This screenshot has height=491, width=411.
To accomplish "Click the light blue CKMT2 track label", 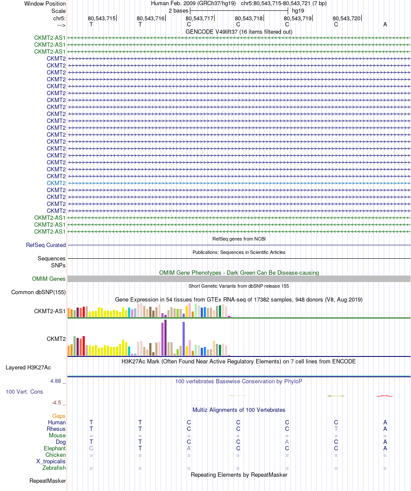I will click(x=56, y=183).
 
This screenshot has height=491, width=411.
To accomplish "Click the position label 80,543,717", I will click(x=199, y=19).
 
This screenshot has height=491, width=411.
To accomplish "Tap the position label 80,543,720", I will click(x=347, y=19).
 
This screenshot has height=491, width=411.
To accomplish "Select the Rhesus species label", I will click(x=56, y=429).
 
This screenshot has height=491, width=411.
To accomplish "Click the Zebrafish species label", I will click(x=54, y=468).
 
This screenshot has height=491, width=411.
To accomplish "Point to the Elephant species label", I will click(x=55, y=448).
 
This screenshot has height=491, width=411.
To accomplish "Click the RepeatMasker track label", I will click(x=48, y=481).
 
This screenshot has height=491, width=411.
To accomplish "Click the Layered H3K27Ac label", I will click(x=28, y=368).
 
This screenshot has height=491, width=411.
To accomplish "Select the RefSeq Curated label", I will click(x=46, y=245).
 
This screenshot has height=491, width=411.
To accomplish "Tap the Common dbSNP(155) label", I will click(x=39, y=292).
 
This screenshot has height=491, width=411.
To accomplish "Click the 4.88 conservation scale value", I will click(x=56, y=381).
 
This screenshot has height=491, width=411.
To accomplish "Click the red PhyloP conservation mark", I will click(x=385, y=396).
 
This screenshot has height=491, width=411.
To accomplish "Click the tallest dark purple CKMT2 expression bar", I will click(x=165, y=337).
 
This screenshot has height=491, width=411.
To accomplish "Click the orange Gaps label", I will click(x=59, y=416).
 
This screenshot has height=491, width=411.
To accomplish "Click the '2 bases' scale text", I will click(x=178, y=10).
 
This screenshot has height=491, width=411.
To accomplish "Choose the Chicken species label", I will click(x=55, y=455).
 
